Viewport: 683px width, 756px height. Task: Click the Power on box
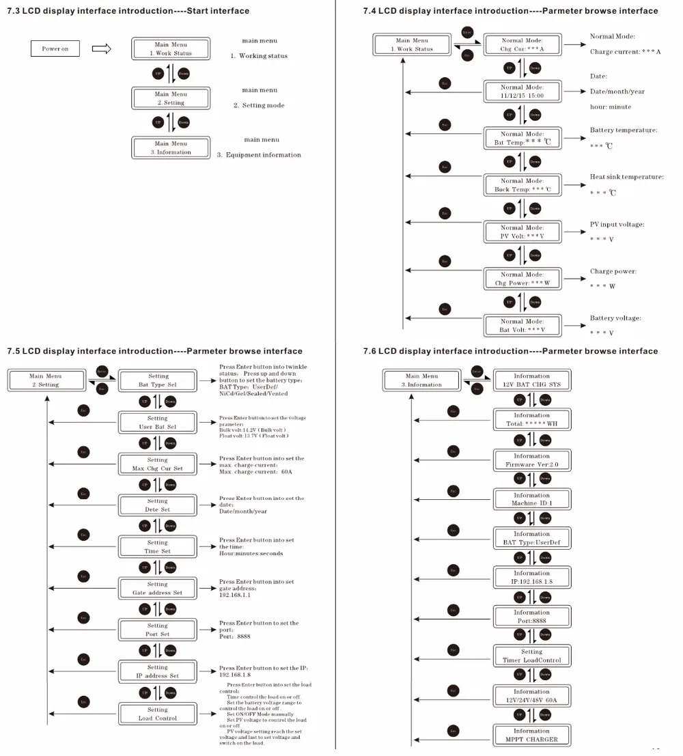point(55,48)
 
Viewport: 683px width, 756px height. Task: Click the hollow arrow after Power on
point(101,48)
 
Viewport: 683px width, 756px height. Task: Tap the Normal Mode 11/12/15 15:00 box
point(522,92)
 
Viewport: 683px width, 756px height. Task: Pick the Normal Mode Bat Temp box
point(522,139)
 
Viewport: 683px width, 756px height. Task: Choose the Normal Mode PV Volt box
point(522,232)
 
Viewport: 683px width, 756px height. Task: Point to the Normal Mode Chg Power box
point(522,279)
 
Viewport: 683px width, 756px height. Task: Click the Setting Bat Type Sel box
point(158,380)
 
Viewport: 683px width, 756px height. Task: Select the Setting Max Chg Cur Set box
point(158,464)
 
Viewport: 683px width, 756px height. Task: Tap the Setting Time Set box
point(158,547)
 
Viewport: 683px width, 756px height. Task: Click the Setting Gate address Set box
point(158,589)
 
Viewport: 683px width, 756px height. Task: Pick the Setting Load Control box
point(158,714)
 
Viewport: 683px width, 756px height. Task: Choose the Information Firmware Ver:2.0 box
point(531,460)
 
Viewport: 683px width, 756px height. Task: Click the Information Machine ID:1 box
point(531,499)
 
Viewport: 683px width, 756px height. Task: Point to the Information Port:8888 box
point(531,617)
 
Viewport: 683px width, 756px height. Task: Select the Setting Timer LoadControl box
point(531,656)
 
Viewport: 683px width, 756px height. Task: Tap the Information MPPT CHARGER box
point(531,736)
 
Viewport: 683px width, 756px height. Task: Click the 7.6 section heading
point(510,351)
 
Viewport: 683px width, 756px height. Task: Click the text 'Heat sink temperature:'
point(626,177)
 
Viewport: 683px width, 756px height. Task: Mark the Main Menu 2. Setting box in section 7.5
point(46,380)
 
